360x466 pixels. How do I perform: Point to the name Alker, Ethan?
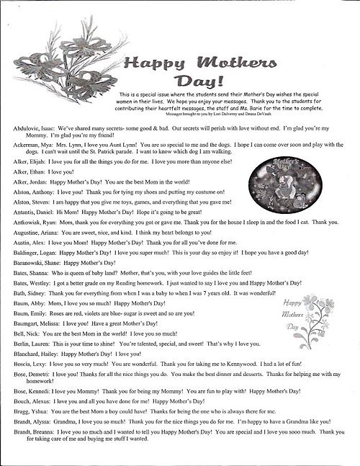(x=28, y=174)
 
